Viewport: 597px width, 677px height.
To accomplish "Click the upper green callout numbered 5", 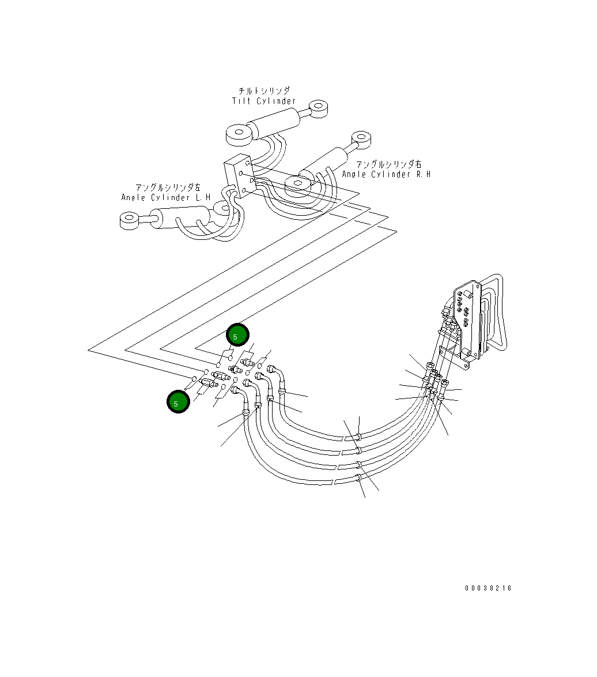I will click(x=237, y=335).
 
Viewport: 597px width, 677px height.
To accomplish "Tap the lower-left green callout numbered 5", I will click(x=178, y=401).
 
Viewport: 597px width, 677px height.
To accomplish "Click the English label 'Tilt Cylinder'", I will click(x=264, y=101).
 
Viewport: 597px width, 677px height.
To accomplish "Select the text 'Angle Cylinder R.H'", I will click(x=386, y=174).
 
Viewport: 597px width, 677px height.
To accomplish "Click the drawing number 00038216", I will click(x=488, y=588).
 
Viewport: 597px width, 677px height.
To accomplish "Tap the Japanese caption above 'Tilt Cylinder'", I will click(x=264, y=91).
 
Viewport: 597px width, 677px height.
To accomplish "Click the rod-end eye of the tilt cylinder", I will click(x=318, y=107).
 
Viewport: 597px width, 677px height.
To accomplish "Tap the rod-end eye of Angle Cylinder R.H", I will click(x=361, y=138).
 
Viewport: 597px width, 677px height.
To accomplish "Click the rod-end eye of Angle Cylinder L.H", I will click(x=129, y=220).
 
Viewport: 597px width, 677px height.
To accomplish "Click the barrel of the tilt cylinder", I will click(x=274, y=123).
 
